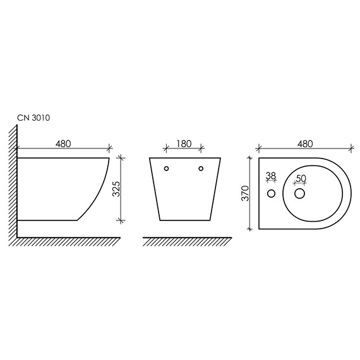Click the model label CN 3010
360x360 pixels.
coord(33,117)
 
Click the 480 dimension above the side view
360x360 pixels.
coord(63,144)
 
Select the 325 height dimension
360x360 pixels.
coord(116,189)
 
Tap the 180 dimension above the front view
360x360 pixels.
coord(184,144)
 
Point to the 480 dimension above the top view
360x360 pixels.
coord(305,144)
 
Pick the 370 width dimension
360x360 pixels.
coord(246,193)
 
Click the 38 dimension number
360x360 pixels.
coord(271,176)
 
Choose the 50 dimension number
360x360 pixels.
coord(301,178)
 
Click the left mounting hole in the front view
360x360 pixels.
coord(167,169)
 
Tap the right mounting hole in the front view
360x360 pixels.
coord(201,169)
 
